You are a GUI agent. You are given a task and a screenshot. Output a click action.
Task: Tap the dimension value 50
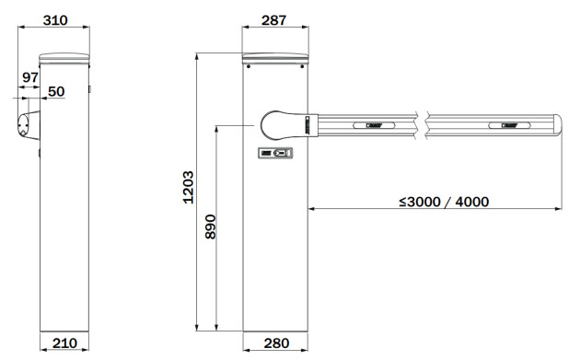56,92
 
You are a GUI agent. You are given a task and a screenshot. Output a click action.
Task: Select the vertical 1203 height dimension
187,187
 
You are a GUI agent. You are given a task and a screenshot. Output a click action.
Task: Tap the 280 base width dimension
275,343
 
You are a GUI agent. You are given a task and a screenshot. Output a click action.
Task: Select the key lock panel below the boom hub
274,154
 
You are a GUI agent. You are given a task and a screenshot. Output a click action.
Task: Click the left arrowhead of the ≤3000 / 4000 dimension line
312,209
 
